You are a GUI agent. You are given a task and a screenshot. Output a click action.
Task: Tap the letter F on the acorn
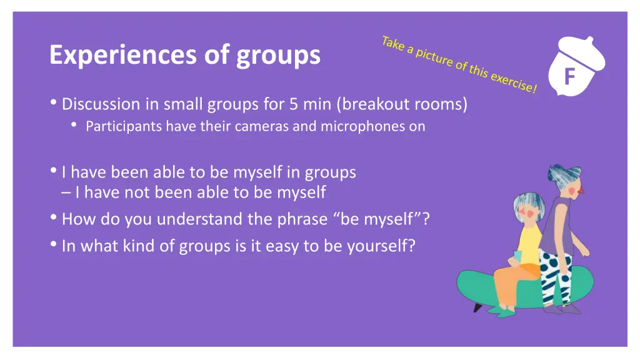tap(569, 77)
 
